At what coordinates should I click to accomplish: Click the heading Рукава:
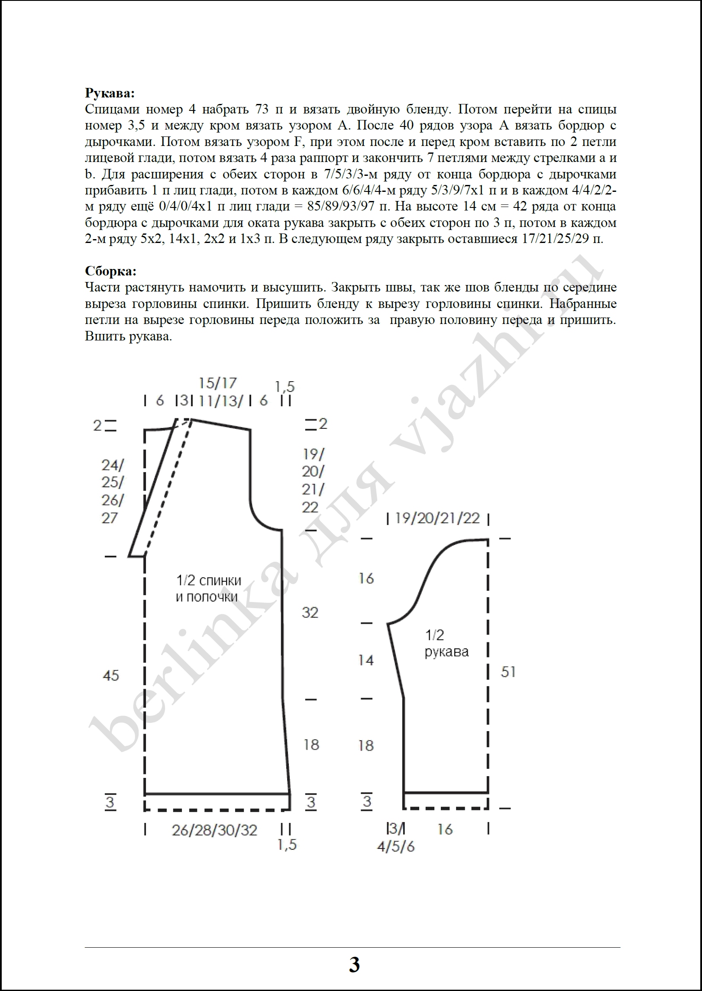click(x=110, y=93)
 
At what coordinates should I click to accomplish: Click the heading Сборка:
click(x=111, y=271)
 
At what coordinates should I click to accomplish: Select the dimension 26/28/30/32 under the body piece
click(x=214, y=830)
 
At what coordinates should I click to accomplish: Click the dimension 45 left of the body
click(x=111, y=675)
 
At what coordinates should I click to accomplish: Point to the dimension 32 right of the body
click(x=310, y=612)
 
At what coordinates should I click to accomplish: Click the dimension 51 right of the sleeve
click(x=508, y=672)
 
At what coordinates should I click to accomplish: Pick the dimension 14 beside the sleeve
click(x=366, y=661)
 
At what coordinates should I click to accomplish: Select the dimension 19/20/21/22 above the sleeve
click(x=437, y=518)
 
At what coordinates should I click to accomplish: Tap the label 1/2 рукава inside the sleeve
click(x=446, y=644)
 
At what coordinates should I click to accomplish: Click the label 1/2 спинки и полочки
click(x=208, y=589)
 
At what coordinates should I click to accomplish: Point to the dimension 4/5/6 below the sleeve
click(x=395, y=846)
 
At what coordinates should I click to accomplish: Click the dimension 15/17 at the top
click(x=218, y=383)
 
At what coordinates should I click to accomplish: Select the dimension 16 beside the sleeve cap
click(x=366, y=579)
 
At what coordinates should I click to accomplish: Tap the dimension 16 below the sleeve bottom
click(x=445, y=830)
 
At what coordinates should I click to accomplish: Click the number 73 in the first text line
click(x=259, y=110)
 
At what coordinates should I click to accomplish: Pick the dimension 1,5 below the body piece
click(x=287, y=845)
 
